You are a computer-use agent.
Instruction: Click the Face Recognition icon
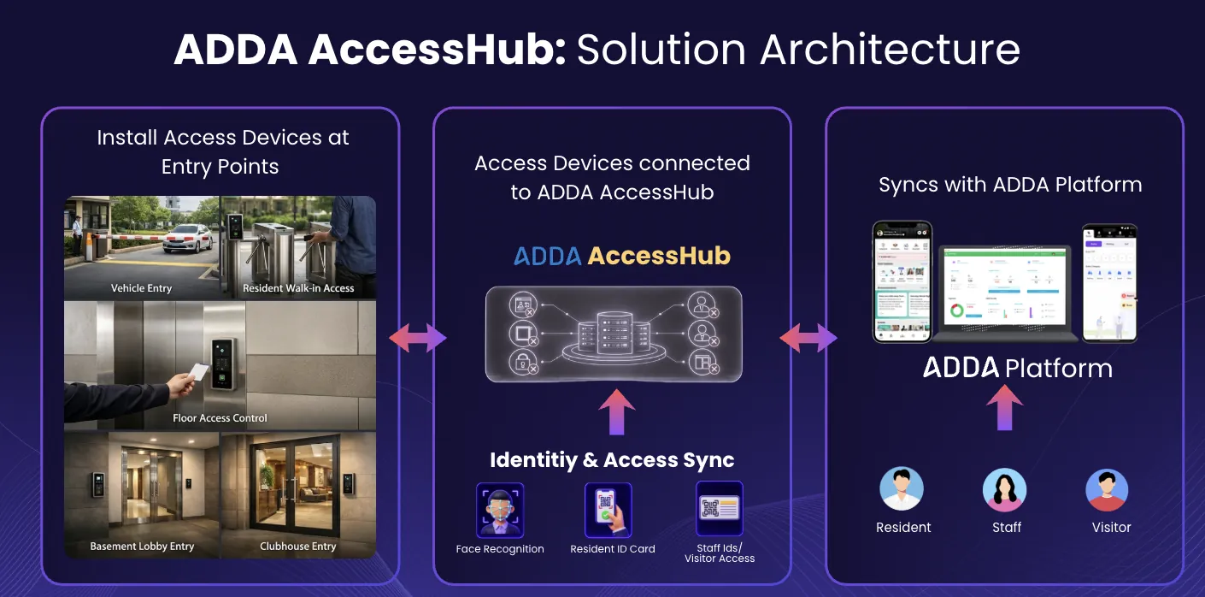(x=500, y=510)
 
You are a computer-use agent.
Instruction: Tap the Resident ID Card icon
(x=608, y=510)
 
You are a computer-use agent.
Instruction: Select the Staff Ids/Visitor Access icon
(x=720, y=508)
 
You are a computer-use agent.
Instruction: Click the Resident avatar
(x=902, y=489)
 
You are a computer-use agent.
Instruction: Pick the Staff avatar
(x=1005, y=490)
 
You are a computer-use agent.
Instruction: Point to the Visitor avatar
(x=1108, y=490)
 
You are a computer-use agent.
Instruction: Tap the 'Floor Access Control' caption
(x=220, y=418)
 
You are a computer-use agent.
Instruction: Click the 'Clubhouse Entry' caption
(x=298, y=546)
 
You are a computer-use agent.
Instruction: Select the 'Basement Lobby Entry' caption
(x=142, y=546)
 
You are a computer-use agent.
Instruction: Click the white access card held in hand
(x=197, y=372)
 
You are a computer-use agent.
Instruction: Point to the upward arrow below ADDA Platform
(x=1005, y=407)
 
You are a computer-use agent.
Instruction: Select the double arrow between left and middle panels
(x=417, y=339)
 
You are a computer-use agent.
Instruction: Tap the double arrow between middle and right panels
(x=808, y=339)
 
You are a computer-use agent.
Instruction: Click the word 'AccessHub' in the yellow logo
(x=659, y=256)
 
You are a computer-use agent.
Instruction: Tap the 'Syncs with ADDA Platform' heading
(x=1010, y=185)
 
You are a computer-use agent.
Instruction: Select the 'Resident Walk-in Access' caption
(x=298, y=288)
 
